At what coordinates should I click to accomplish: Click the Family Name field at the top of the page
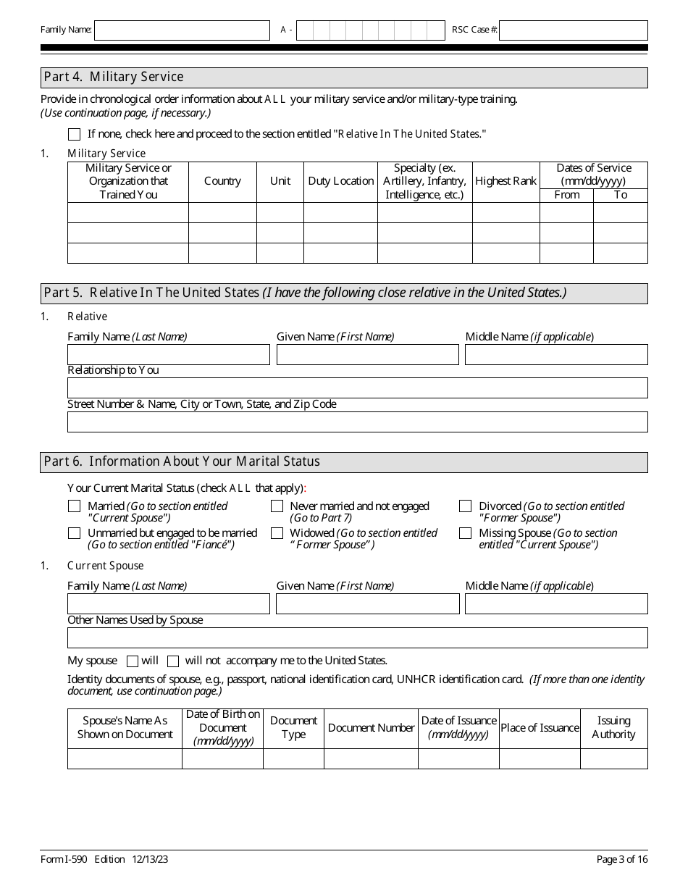pyautogui.click(x=182, y=30)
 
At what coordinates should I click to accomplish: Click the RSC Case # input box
pyautogui.click(x=573, y=30)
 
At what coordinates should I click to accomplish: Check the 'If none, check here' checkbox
pyautogui.click(x=74, y=134)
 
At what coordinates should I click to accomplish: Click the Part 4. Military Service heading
pyautogui.click(x=114, y=77)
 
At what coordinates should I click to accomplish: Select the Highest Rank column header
pyautogui.click(x=505, y=181)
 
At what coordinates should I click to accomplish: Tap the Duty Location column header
pyautogui.click(x=340, y=181)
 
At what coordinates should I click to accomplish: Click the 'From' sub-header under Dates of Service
pyautogui.click(x=566, y=195)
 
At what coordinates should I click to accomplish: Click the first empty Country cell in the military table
pyautogui.click(x=222, y=213)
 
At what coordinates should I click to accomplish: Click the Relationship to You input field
pyautogui.click(x=357, y=388)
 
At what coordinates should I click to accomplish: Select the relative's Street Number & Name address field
pyautogui.click(x=357, y=422)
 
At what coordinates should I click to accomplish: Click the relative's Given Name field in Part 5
pyautogui.click(x=367, y=354)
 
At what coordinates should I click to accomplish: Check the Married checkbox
pyautogui.click(x=74, y=506)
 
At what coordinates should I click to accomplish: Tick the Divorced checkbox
pyautogui.click(x=466, y=506)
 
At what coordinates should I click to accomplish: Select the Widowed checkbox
pyautogui.click(x=277, y=533)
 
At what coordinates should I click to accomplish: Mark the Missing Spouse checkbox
pyautogui.click(x=466, y=533)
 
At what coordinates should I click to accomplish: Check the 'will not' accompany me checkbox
pyautogui.click(x=173, y=661)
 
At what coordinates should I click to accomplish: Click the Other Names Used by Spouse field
pyautogui.click(x=357, y=637)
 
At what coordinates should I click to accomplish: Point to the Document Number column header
pyautogui.click(x=371, y=728)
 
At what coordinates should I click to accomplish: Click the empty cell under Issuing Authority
pyautogui.click(x=613, y=758)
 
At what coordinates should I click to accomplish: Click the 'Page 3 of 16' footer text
pyautogui.click(x=621, y=859)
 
